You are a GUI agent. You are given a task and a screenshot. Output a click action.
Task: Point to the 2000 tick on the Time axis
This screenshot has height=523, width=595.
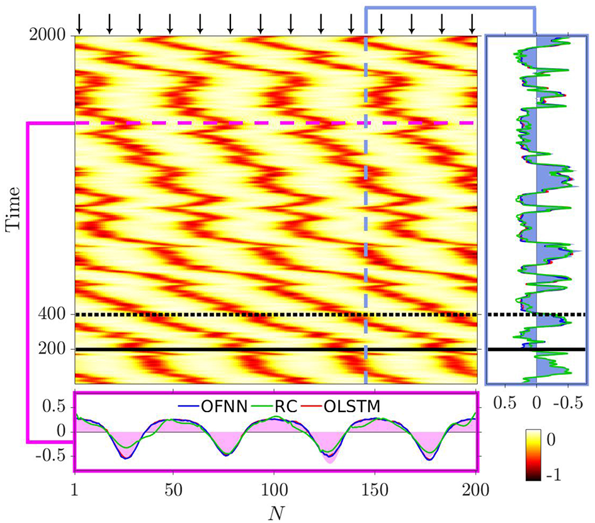point(50,35)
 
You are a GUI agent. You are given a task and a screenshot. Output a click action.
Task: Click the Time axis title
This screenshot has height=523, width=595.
point(13,209)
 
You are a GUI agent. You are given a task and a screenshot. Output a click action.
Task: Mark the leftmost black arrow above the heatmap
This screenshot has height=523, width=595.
point(79,23)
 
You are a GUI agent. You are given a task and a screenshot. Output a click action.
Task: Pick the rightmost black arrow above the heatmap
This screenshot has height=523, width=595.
point(472,23)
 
